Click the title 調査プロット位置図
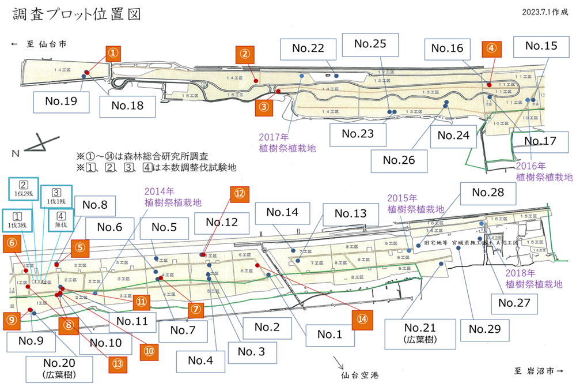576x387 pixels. pos(77,14)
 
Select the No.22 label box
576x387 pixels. pos(308,49)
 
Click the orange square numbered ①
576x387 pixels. pos(113,53)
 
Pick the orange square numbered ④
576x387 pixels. pos(491,48)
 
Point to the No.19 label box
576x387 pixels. pos(62,102)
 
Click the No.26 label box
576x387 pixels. pos(399,159)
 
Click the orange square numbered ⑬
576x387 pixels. pos(118,363)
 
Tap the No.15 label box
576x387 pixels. pos(541,46)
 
